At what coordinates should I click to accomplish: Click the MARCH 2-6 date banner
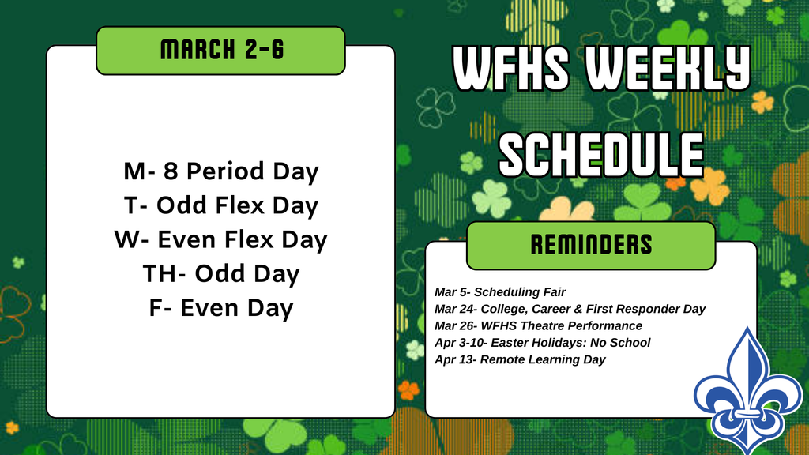tap(220, 51)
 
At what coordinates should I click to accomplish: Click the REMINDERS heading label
tap(591, 245)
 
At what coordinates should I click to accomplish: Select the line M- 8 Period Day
tap(220, 171)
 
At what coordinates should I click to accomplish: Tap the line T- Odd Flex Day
tap(220, 205)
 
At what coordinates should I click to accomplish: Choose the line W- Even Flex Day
tap(220, 239)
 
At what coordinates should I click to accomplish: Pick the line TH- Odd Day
tap(220, 274)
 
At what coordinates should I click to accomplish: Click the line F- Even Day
tap(220, 308)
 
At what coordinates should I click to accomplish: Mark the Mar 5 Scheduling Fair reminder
tap(500, 292)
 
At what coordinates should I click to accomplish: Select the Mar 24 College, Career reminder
tap(570, 309)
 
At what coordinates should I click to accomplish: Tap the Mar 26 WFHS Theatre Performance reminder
tap(538, 325)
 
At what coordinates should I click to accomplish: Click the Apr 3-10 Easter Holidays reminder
tap(542, 343)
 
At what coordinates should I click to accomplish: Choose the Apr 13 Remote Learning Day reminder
tap(520, 359)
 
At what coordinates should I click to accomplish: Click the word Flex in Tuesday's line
tap(240, 205)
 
